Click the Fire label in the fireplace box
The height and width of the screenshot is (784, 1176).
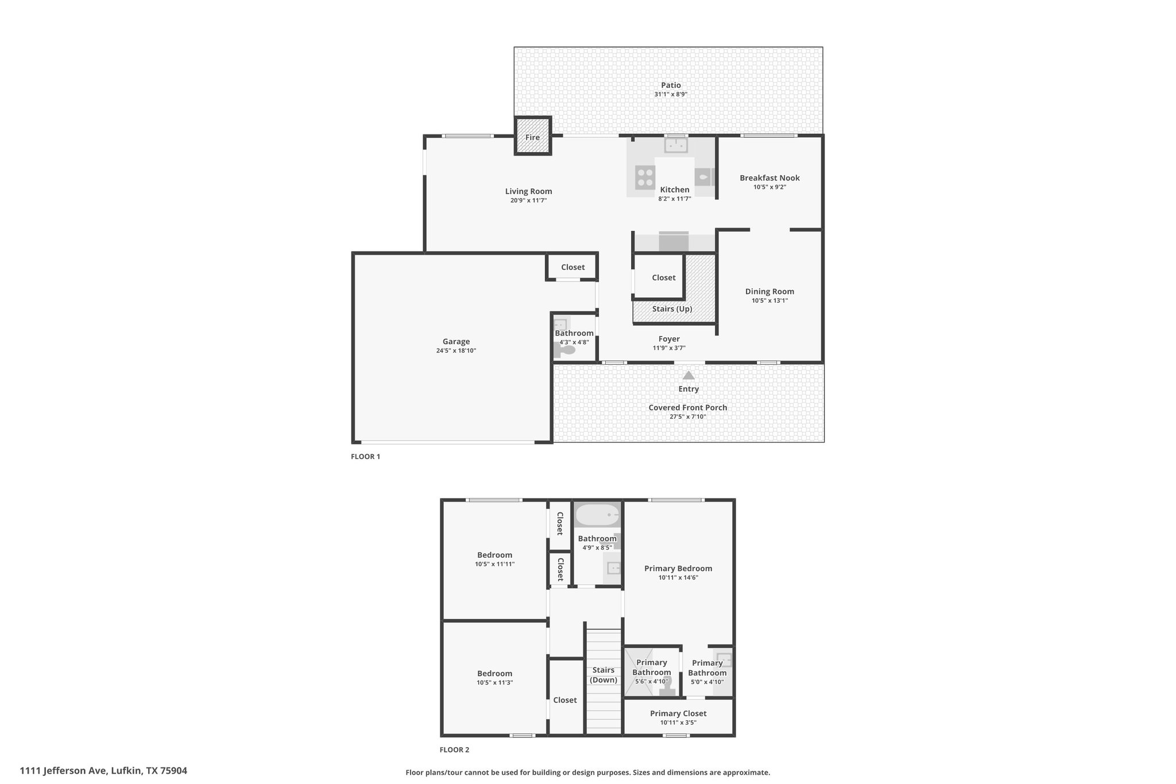(532, 137)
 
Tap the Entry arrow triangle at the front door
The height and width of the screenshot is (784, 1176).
(688, 375)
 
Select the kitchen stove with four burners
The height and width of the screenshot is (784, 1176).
(644, 177)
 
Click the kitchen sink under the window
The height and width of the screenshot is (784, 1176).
(676, 145)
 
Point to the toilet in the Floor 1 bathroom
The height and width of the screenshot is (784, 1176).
(565, 349)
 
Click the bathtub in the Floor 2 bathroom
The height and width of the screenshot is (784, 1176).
(597, 515)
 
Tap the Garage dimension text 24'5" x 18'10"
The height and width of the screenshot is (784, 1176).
(456, 350)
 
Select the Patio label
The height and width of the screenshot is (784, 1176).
(671, 85)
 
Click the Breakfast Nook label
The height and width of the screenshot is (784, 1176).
(769, 178)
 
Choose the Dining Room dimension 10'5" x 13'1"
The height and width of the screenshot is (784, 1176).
(769, 300)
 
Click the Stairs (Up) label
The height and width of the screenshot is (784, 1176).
(672, 309)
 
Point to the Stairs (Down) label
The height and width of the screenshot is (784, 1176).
(604, 675)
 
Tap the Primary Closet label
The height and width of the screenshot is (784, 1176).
(678, 713)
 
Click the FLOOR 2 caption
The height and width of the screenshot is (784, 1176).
(454, 750)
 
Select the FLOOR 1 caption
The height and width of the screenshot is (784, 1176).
(366, 457)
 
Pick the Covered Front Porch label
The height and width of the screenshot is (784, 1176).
(688, 408)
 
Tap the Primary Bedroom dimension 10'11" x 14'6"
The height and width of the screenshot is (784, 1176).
(678, 578)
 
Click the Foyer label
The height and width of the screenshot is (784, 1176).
(669, 339)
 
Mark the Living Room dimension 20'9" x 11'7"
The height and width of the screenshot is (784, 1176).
(528, 200)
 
